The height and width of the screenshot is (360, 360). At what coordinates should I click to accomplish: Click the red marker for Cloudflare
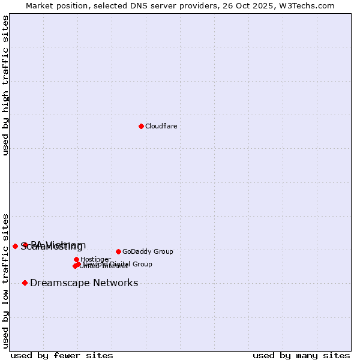(141, 126)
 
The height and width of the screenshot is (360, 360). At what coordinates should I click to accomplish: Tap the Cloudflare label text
(161, 126)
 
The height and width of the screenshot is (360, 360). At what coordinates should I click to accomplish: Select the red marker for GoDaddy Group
(118, 251)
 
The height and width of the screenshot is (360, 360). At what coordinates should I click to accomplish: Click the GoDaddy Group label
(148, 251)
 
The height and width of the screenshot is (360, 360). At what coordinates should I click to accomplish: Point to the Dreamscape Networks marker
(25, 283)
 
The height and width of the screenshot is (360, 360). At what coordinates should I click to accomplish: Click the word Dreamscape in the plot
(56, 283)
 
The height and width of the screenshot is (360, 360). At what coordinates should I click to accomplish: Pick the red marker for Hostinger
(76, 260)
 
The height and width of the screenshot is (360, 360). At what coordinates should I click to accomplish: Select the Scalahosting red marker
(15, 246)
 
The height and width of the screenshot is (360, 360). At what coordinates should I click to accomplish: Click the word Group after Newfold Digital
(142, 264)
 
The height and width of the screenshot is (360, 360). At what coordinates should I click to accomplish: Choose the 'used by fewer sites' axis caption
(62, 355)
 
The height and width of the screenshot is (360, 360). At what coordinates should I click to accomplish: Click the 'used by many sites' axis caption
(301, 355)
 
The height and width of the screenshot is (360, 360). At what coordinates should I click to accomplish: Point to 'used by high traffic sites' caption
(5, 85)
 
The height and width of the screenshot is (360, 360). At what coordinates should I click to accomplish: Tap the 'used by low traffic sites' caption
(5, 280)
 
